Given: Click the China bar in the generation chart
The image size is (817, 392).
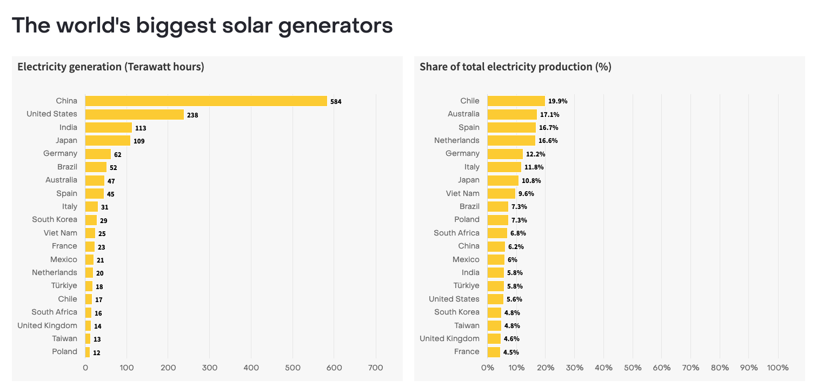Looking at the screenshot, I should (206, 101).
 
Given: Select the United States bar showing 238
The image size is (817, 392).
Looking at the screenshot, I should (134, 114).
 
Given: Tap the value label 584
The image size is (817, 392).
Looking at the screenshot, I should (336, 101).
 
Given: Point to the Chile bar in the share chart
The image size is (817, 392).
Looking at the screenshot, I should (516, 101).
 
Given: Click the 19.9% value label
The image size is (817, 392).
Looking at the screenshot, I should (557, 101).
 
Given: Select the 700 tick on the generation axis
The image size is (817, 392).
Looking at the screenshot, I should (375, 368).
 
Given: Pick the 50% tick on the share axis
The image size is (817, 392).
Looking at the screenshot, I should (633, 368).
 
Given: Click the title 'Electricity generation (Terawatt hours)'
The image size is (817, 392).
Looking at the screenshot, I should (110, 67).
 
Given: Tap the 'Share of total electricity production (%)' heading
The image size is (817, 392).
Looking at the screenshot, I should (515, 67).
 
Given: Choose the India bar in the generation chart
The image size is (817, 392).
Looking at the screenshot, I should (108, 128).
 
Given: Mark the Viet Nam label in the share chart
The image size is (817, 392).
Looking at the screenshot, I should (462, 193).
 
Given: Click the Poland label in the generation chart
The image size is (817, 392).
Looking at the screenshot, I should (64, 352).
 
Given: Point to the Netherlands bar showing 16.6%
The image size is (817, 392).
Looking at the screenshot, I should (511, 141).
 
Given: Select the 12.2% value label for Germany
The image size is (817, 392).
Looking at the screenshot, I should (535, 154).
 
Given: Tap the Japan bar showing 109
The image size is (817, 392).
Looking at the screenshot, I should (108, 141).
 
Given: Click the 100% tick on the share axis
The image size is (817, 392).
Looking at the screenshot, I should (778, 368).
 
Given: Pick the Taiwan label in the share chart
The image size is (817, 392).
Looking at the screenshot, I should (467, 325).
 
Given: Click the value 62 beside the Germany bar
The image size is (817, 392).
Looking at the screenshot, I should (117, 154).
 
